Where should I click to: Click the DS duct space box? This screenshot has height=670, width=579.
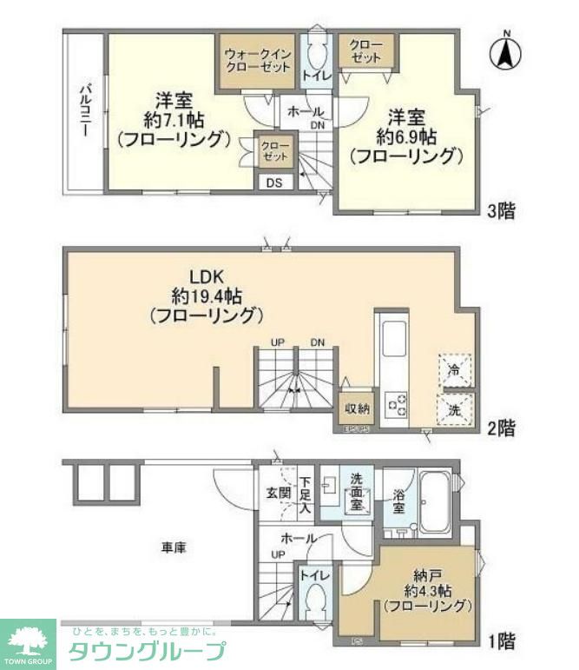click(274, 182)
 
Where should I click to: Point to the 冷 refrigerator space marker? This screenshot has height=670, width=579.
click(454, 369)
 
